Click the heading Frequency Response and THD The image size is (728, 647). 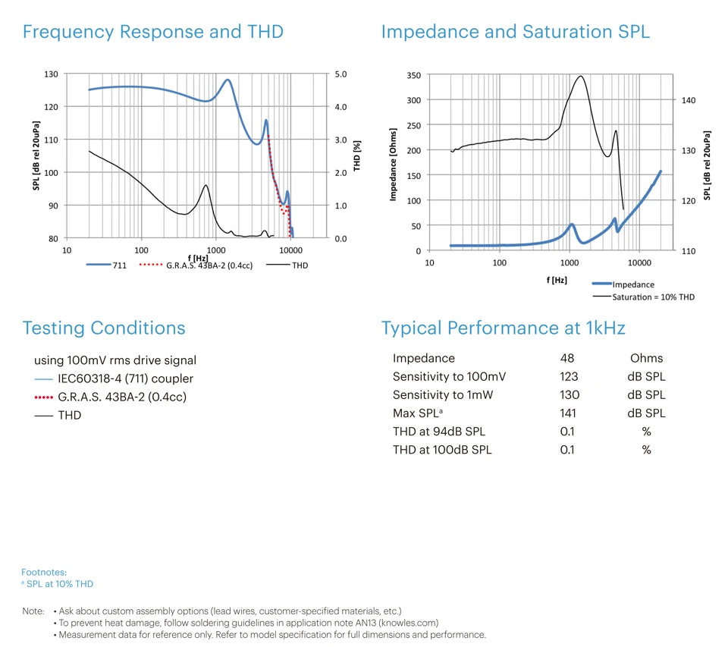(x=152, y=32)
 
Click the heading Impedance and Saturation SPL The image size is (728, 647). (x=515, y=32)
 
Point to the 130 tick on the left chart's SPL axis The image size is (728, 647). (x=51, y=74)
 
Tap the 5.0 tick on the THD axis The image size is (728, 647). (x=340, y=74)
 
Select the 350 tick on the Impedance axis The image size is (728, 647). (x=413, y=75)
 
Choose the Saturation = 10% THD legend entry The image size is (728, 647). (x=653, y=297)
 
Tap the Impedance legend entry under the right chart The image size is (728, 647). (x=632, y=284)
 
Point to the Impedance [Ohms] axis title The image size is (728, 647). (x=393, y=163)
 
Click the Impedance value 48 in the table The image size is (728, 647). (x=567, y=358)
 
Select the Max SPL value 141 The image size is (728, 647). (x=568, y=413)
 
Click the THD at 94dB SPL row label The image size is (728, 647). (x=439, y=431)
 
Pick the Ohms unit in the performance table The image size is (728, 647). (x=646, y=358)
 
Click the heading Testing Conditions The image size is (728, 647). (x=104, y=328)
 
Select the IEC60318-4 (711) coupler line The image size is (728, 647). (x=125, y=378)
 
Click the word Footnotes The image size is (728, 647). (x=44, y=572)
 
